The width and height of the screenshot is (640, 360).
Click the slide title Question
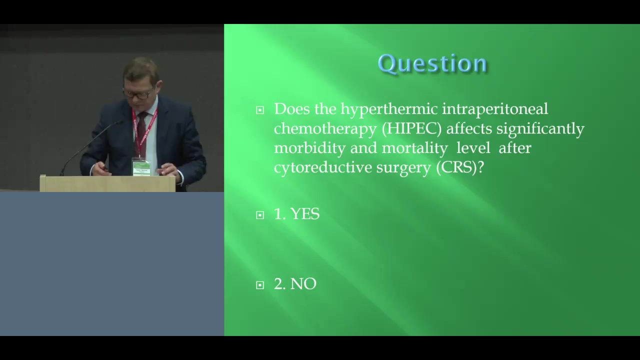pyautogui.click(x=432, y=63)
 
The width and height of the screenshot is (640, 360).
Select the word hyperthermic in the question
pyautogui.click(x=389, y=109)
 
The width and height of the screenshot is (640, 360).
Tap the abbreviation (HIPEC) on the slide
pyautogui.click(x=411, y=128)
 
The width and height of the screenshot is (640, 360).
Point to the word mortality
pyautogui.click(x=414, y=148)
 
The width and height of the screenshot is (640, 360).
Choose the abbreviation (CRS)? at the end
pyautogui.click(x=459, y=167)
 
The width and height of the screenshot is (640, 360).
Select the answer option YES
pyautogui.click(x=304, y=213)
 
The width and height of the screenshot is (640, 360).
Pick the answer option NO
pyautogui.click(x=303, y=284)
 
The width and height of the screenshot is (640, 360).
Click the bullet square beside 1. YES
pyautogui.click(x=259, y=215)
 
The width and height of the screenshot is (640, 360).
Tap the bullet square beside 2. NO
pyautogui.click(x=259, y=285)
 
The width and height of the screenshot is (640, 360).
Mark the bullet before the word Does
pyautogui.click(x=259, y=110)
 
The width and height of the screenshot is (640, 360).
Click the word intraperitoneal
pyautogui.click(x=495, y=109)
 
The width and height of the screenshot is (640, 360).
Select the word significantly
pyautogui.click(x=540, y=128)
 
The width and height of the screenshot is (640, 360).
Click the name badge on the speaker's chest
pyautogui.click(x=141, y=167)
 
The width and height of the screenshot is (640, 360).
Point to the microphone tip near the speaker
pyautogui.click(x=120, y=122)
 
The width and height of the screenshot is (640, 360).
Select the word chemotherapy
pyautogui.click(x=325, y=128)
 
